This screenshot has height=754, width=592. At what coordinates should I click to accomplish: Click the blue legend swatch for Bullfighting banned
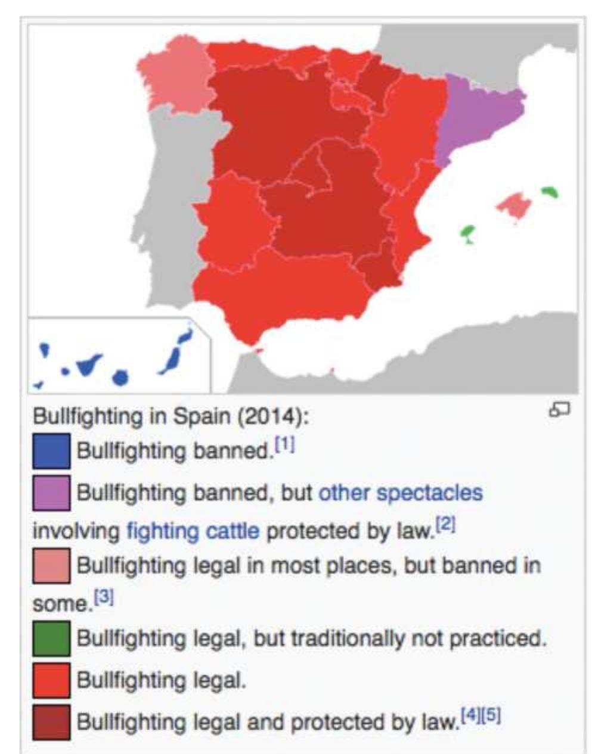coord(51,451)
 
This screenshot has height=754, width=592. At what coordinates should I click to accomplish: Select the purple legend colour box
coord(51,493)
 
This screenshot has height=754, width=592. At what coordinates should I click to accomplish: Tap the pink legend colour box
coord(51,565)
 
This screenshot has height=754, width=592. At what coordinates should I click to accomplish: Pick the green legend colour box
coord(51,638)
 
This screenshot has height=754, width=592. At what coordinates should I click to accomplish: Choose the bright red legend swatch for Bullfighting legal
coord(51,680)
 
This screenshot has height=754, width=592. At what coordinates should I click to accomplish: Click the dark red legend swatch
coord(51,722)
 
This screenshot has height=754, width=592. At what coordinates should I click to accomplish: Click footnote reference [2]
coord(445,525)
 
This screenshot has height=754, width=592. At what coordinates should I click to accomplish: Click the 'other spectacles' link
coord(401,493)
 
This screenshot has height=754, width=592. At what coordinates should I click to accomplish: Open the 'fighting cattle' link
coord(193,530)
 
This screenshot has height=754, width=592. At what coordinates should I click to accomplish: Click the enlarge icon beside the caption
coord(559,410)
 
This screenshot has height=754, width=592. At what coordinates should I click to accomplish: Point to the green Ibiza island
coord(468,232)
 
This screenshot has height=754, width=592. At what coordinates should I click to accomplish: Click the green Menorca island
coord(549,192)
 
